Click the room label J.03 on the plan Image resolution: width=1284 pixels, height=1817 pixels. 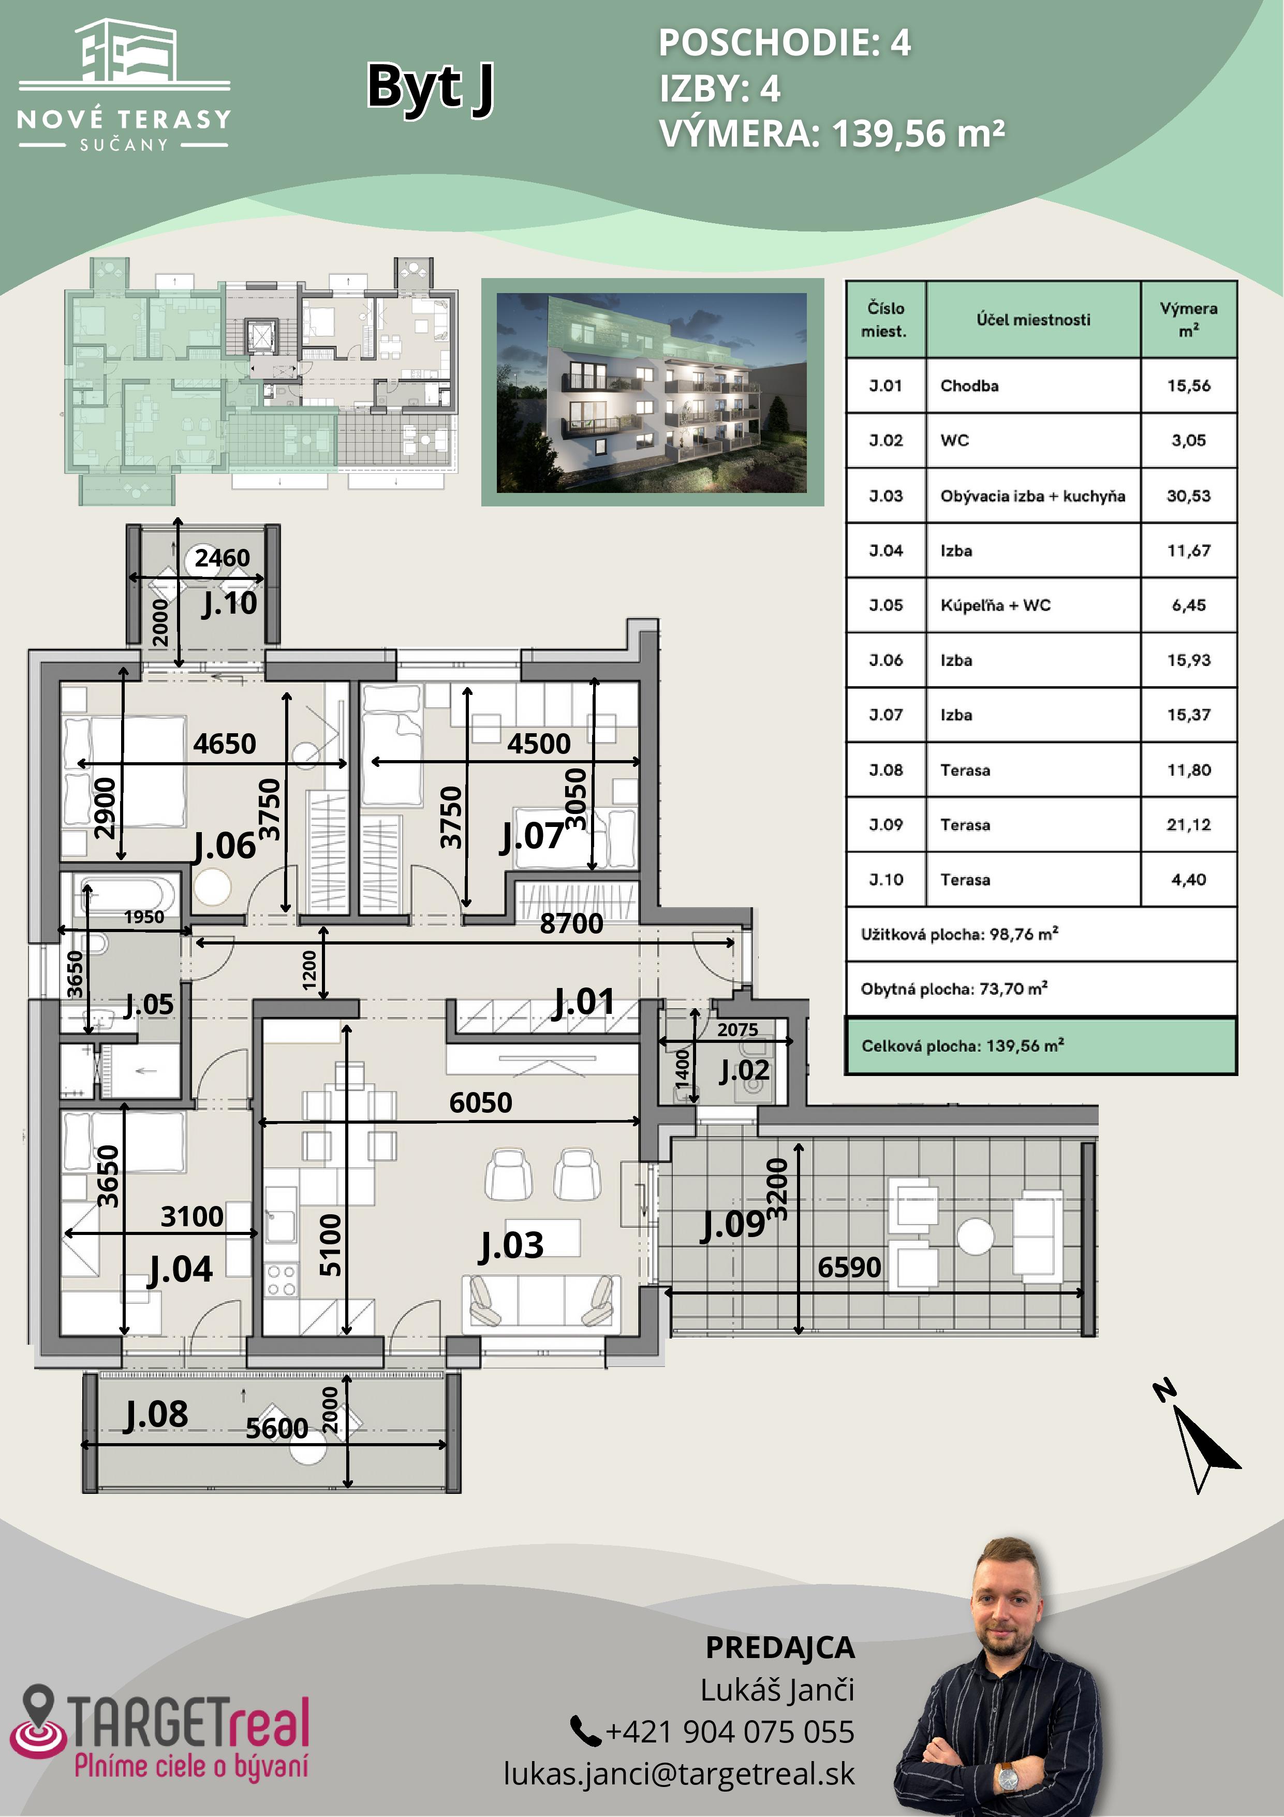point(512,1246)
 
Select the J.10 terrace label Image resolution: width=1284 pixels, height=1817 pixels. point(229,604)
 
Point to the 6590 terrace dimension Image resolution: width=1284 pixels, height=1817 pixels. point(849,1267)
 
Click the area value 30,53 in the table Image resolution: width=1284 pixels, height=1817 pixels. point(1188,496)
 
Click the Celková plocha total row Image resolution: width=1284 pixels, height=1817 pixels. point(1041,1045)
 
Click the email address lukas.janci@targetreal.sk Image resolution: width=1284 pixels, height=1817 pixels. point(679,1774)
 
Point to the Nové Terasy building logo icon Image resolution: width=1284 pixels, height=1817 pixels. point(127,51)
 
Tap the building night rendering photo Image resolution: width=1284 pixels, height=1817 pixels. point(652,393)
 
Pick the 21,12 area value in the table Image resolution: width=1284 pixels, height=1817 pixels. point(1188,824)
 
